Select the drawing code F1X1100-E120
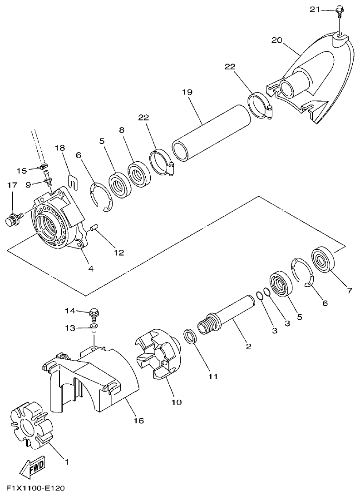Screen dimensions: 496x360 pyautogui.click(x=32, y=488)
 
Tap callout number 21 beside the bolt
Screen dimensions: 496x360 pyautogui.click(x=315, y=9)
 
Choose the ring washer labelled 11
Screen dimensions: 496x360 pyautogui.click(x=190, y=337)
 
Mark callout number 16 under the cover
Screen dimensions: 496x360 pyautogui.click(x=138, y=421)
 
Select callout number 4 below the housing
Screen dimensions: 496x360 pyautogui.click(x=91, y=268)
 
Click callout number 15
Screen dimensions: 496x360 pyautogui.click(x=21, y=170)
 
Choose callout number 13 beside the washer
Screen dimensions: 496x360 pyautogui.click(x=69, y=327)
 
